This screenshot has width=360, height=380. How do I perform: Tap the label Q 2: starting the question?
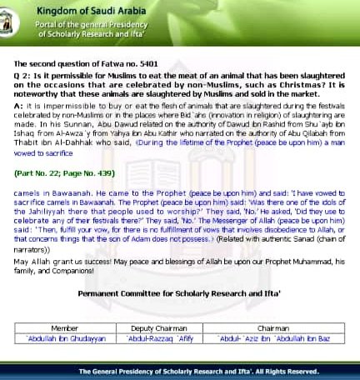pos(23,77)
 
